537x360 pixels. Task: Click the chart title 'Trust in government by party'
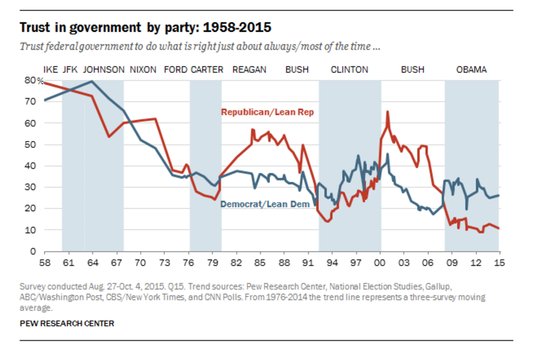tap(145, 28)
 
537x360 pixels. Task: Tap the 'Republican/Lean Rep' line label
tap(267, 112)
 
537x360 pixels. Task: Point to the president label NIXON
tap(143, 70)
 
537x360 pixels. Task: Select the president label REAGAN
tap(249, 70)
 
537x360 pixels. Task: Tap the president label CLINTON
tap(349, 70)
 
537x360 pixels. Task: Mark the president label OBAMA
tap(471, 70)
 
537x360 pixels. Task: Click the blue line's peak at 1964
tap(92, 82)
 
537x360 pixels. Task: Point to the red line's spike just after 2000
tap(388, 112)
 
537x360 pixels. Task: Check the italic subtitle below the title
tap(201, 47)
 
